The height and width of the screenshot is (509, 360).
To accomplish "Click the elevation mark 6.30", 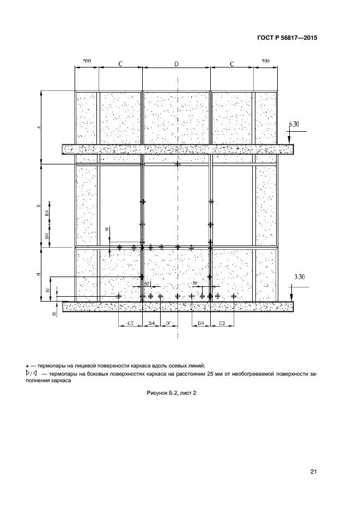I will click(294, 124).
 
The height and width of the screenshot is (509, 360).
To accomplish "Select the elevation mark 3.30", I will click(299, 277).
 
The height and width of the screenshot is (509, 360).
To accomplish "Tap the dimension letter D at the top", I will click(176, 64).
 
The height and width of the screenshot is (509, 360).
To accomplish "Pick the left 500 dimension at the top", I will click(86, 61).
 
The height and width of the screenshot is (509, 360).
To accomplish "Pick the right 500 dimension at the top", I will click(265, 61).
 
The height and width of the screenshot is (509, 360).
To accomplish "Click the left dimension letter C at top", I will click(120, 64).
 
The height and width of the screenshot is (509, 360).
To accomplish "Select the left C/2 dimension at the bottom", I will click(131, 323).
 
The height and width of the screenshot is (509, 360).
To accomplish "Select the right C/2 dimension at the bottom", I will click(222, 323).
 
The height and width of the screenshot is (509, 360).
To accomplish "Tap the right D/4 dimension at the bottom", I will click(200, 323).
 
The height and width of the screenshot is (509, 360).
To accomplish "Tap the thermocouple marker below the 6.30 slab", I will click(177, 164).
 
